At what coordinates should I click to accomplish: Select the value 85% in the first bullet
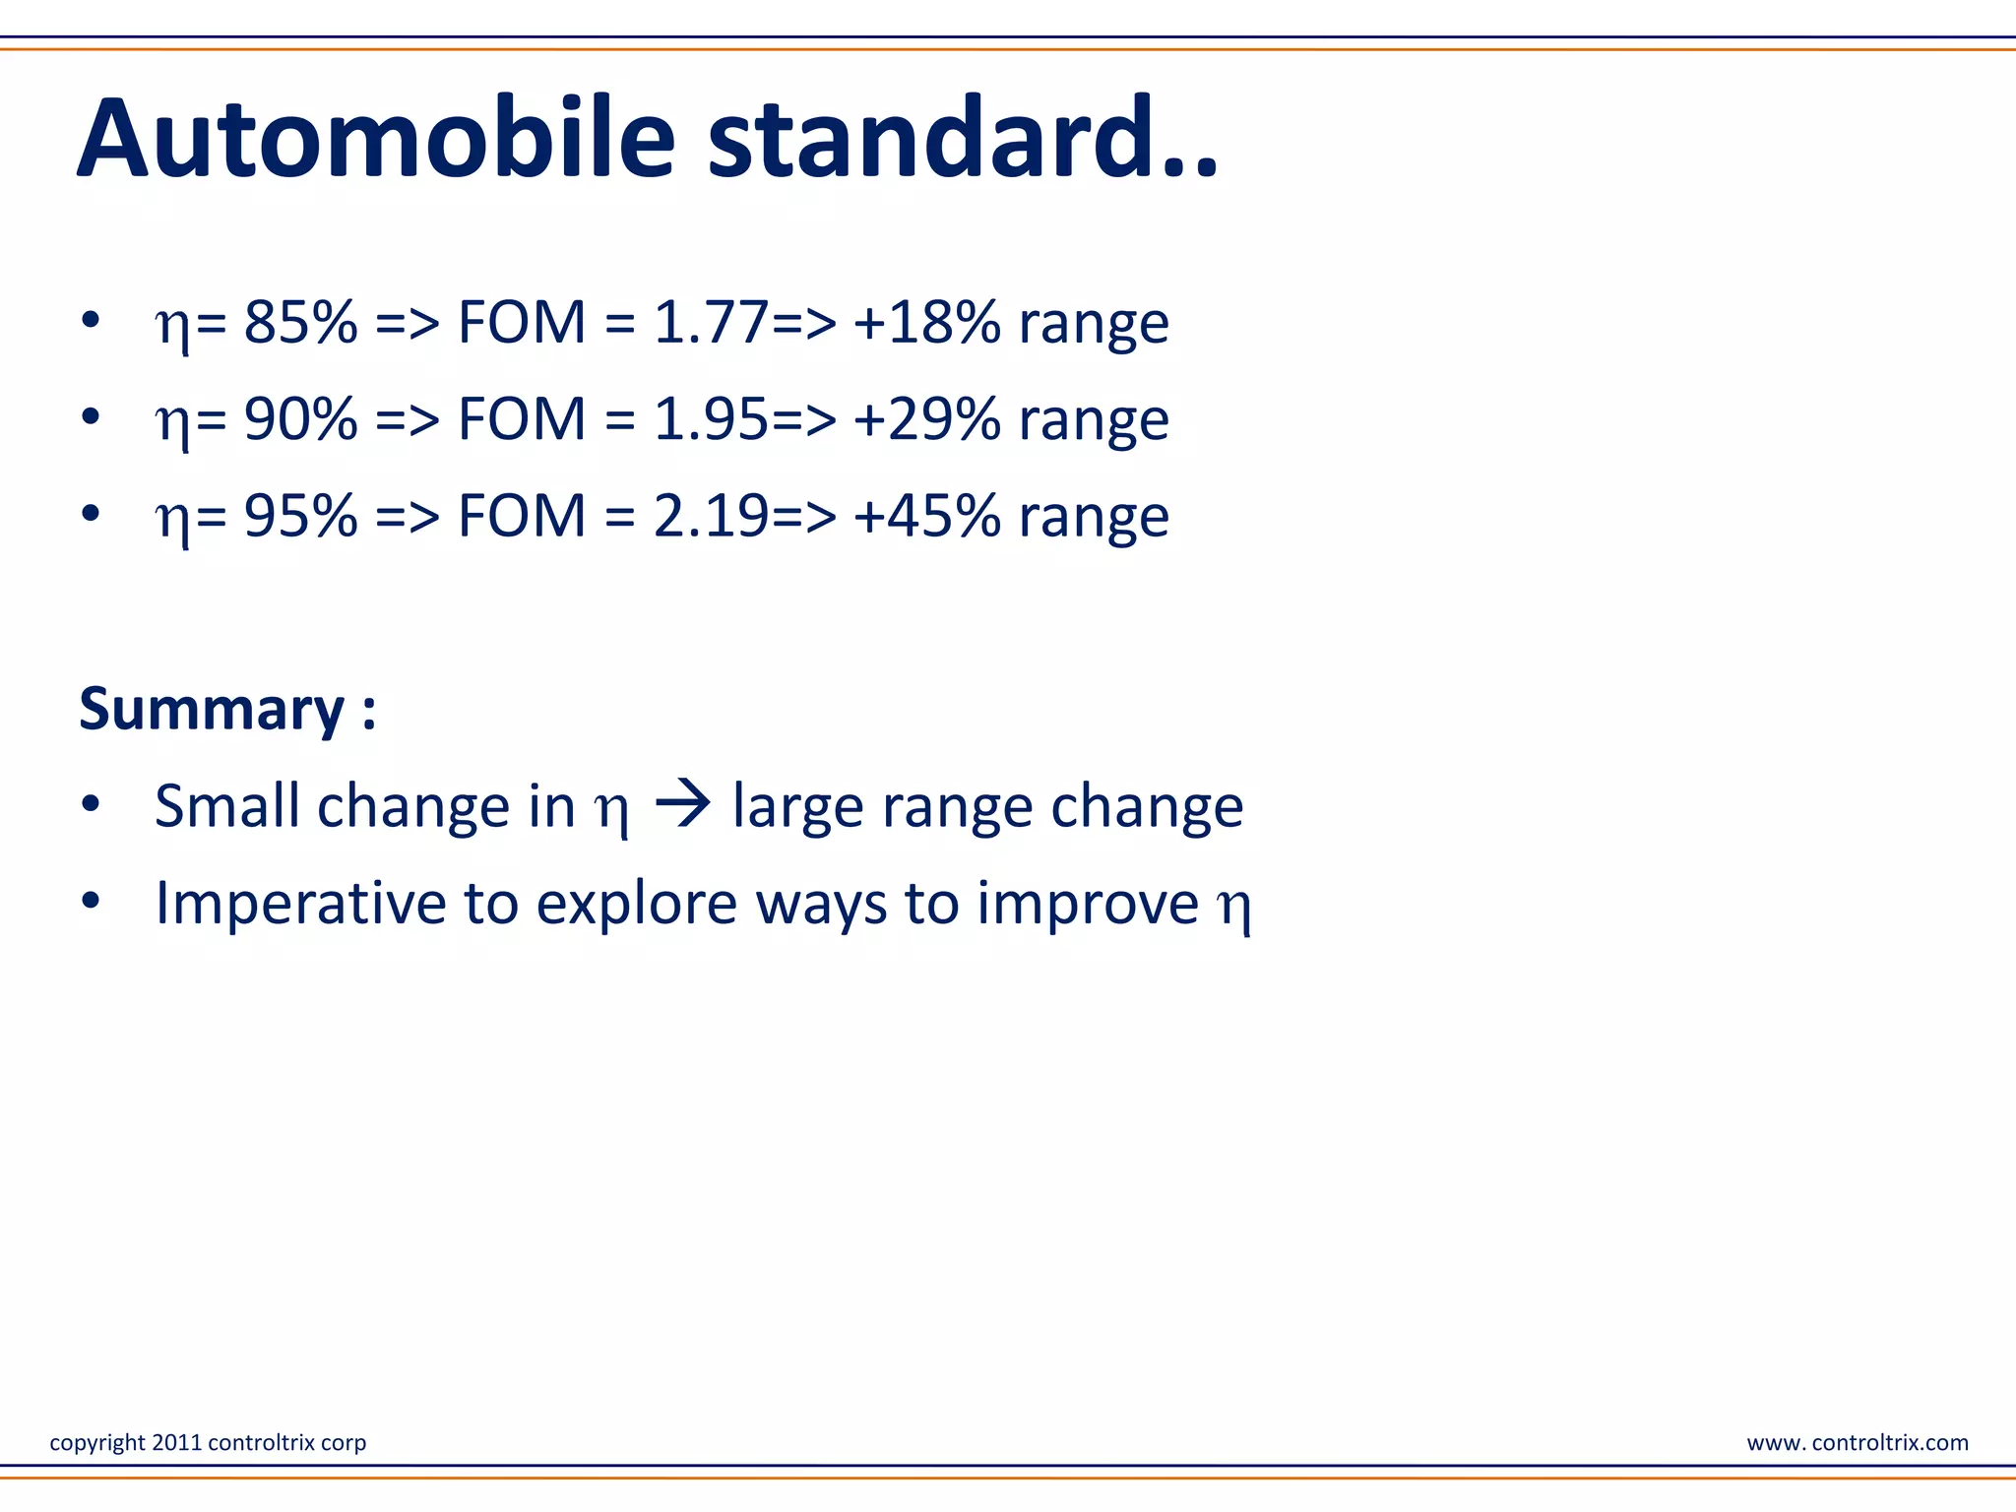pyautogui.click(x=300, y=322)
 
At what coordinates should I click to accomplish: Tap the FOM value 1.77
pyautogui.click(x=711, y=322)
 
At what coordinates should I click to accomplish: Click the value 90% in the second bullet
pyautogui.click(x=300, y=418)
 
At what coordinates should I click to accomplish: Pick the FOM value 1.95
pyautogui.click(x=711, y=418)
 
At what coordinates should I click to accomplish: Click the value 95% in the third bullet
pyautogui.click(x=300, y=515)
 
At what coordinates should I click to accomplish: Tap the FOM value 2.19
pyautogui.click(x=711, y=515)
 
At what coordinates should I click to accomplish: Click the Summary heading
pyautogui.click(x=226, y=709)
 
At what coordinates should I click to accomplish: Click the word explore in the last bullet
pyautogui.click(x=636, y=903)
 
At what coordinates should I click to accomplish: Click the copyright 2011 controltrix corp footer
pyautogui.click(x=208, y=1442)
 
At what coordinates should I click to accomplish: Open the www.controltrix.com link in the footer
pyautogui.click(x=1857, y=1442)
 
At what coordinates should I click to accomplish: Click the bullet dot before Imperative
pyautogui.click(x=91, y=900)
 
